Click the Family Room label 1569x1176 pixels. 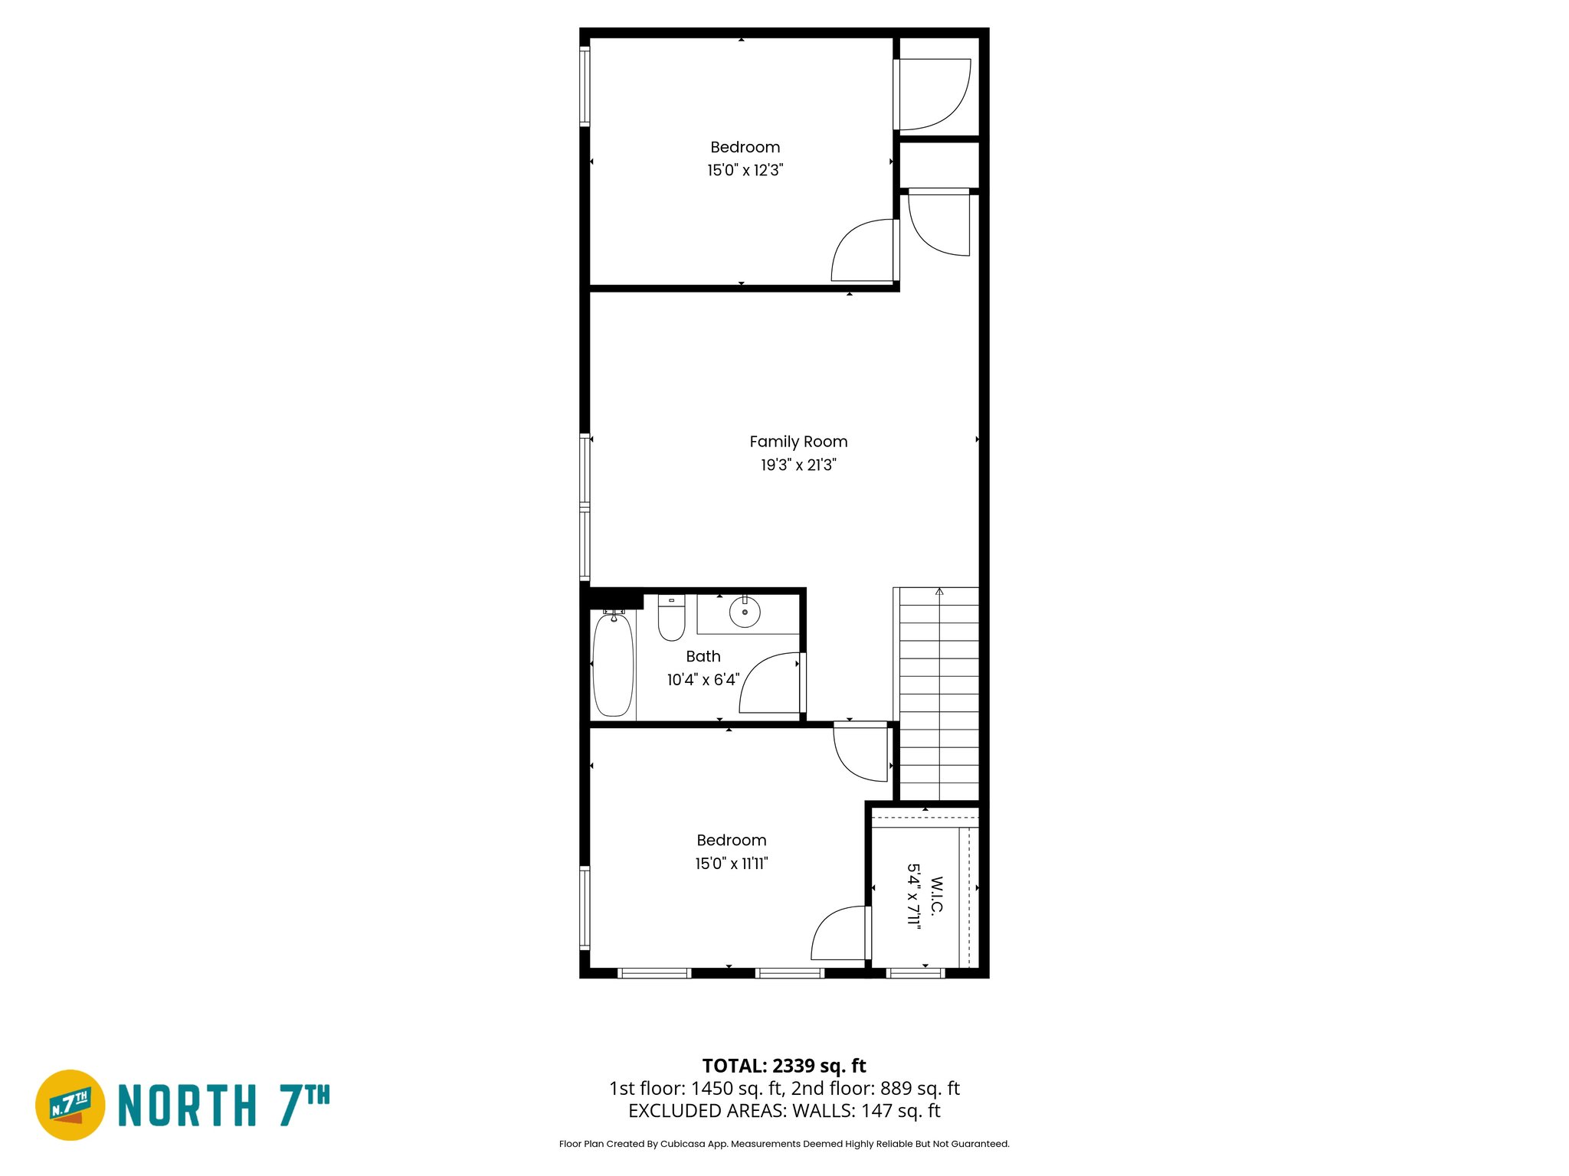click(798, 442)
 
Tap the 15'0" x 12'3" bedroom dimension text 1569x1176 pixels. click(745, 170)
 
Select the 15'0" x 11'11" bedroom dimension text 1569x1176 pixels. click(731, 864)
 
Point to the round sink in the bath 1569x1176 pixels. click(745, 612)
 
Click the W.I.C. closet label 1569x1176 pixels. click(936, 896)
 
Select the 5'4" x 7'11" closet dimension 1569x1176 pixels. click(913, 896)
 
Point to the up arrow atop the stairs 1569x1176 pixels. click(939, 592)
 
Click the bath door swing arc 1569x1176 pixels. click(766, 681)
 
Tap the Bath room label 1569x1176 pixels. click(703, 656)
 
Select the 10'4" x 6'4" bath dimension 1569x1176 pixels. click(703, 680)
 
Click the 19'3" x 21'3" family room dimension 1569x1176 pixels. click(798, 465)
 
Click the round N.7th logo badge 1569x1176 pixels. click(70, 1105)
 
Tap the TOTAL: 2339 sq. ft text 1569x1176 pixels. click(784, 1066)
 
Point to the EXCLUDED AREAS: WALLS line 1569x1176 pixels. click(784, 1111)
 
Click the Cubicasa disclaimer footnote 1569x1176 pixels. click(784, 1144)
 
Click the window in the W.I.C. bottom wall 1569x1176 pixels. click(916, 973)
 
